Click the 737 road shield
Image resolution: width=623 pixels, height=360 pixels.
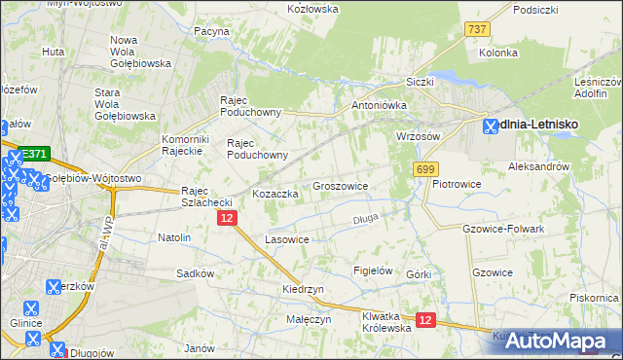[477, 30]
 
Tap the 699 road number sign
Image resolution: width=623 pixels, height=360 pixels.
[424, 170]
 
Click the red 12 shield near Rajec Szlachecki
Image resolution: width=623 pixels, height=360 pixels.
[226, 219]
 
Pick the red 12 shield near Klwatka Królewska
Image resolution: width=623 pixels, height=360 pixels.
[424, 318]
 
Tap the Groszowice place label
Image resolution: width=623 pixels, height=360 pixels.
[340, 185]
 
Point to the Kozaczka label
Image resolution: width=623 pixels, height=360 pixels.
[275, 194]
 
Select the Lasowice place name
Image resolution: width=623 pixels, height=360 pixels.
[287, 239]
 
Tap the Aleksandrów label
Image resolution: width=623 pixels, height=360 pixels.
[538, 167]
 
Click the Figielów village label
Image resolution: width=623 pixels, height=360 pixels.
[373, 270]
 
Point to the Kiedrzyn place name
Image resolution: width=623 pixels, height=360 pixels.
[303, 289]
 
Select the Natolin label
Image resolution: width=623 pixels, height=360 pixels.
[174, 236]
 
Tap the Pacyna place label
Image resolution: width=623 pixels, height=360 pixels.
[211, 31]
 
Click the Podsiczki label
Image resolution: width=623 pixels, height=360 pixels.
[535, 10]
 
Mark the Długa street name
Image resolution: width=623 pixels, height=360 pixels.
[365, 219]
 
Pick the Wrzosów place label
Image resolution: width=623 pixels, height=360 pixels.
[419, 136]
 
